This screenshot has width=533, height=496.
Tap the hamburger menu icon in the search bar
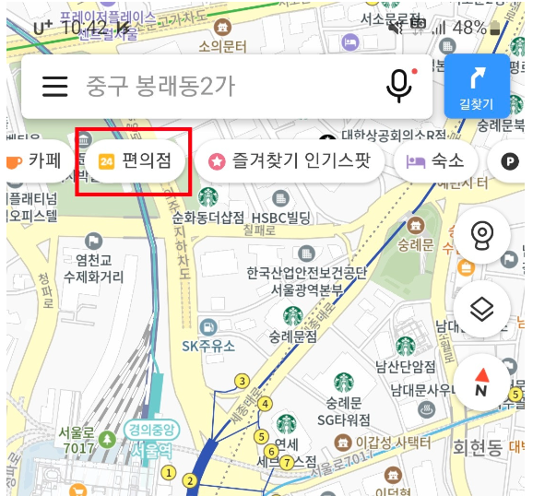click(x=55, y=86)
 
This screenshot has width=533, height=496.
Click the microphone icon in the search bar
click(x=398, y=86)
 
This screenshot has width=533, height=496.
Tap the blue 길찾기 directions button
click(x=476, y=86)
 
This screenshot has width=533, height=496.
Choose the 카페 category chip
click(x=34, y=160)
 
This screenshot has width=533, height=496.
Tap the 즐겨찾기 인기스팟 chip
click(x=290, y=160)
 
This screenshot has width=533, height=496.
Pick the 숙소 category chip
click(x=435, y=160)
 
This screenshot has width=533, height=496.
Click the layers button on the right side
click(x=481, y=309)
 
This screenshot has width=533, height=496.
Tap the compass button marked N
click(x=481, y=382)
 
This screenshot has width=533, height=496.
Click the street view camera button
click(x=481, y=236)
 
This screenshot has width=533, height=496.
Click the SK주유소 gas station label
click(x=208, y=346)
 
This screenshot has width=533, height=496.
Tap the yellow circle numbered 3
click(x=243, y=381)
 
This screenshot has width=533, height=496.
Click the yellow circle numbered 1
click(x=168, y=471)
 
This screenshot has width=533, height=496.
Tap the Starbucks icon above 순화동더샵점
click(x=207, y=196)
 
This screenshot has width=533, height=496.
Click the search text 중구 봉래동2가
click(x=161, y=86)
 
